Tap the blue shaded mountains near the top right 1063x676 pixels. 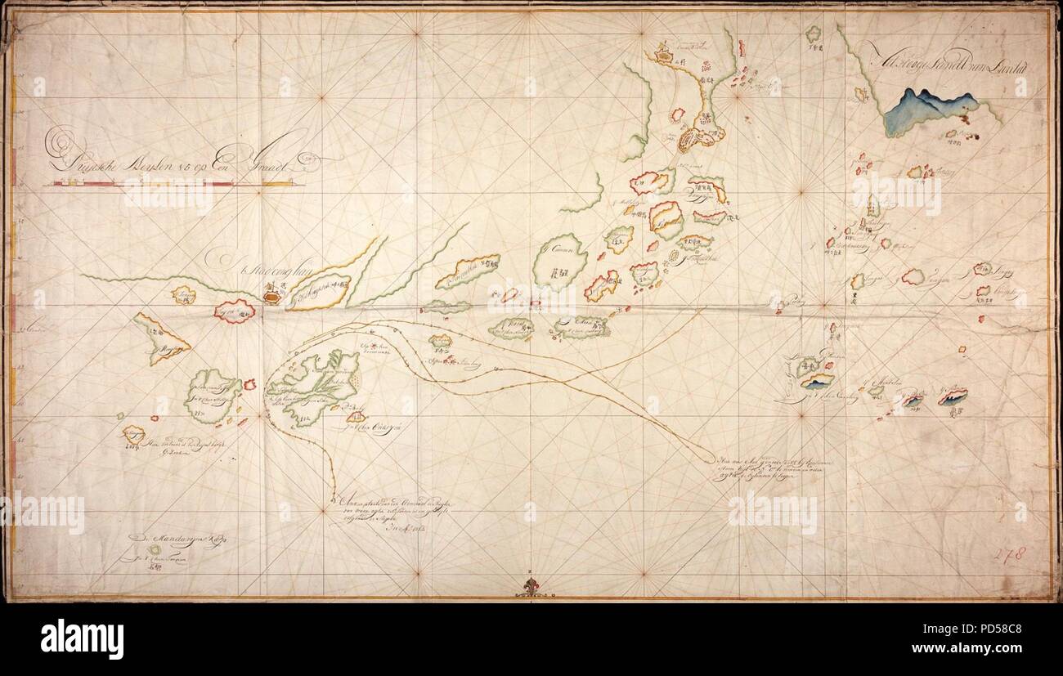pos(931,111)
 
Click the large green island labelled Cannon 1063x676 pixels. pos(560,260)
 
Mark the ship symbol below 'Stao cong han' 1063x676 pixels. pos(271,294)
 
